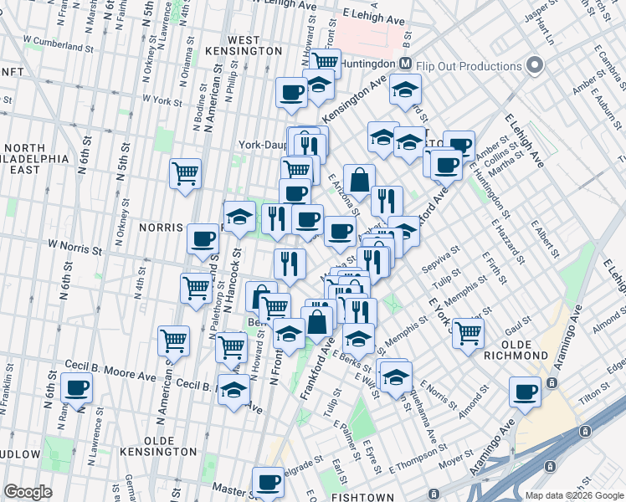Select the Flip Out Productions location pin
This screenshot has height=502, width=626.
535,66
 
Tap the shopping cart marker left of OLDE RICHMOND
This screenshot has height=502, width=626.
468,331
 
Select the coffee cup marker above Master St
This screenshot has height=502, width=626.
269,481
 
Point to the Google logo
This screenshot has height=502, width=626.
28,492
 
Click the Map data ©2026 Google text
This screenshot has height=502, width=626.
575,495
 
